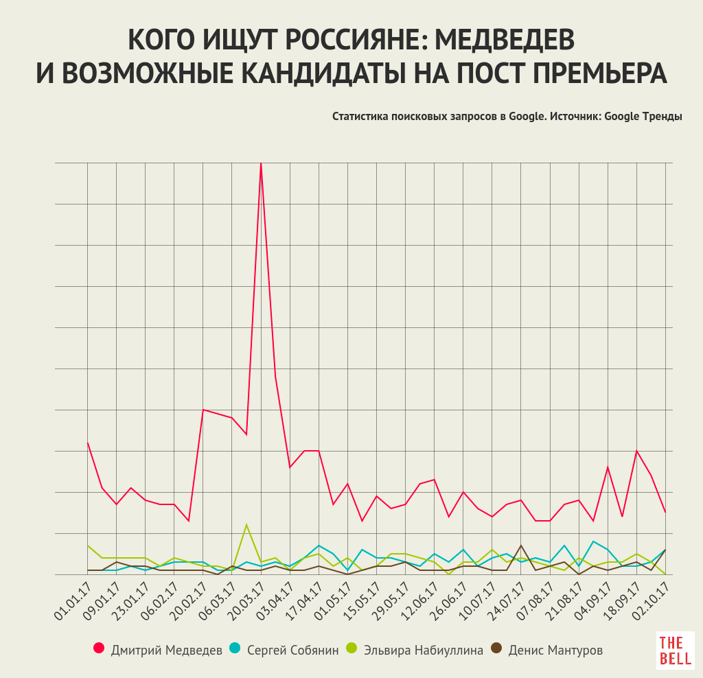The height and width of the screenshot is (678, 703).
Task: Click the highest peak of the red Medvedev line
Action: tap(261, 164)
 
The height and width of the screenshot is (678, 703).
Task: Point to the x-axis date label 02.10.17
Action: tap(653, 601)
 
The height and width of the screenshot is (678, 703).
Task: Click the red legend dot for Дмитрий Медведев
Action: tap(99, 648)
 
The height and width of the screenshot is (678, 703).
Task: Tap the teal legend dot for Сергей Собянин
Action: tap(235, 648)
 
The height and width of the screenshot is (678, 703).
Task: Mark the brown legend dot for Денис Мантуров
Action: tap(496, 648)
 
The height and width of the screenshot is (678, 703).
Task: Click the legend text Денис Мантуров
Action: tap(555, 649)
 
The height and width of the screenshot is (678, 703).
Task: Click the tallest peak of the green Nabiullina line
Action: tap(246, 525)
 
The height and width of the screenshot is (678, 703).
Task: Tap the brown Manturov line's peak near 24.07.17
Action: tap(521, 546)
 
